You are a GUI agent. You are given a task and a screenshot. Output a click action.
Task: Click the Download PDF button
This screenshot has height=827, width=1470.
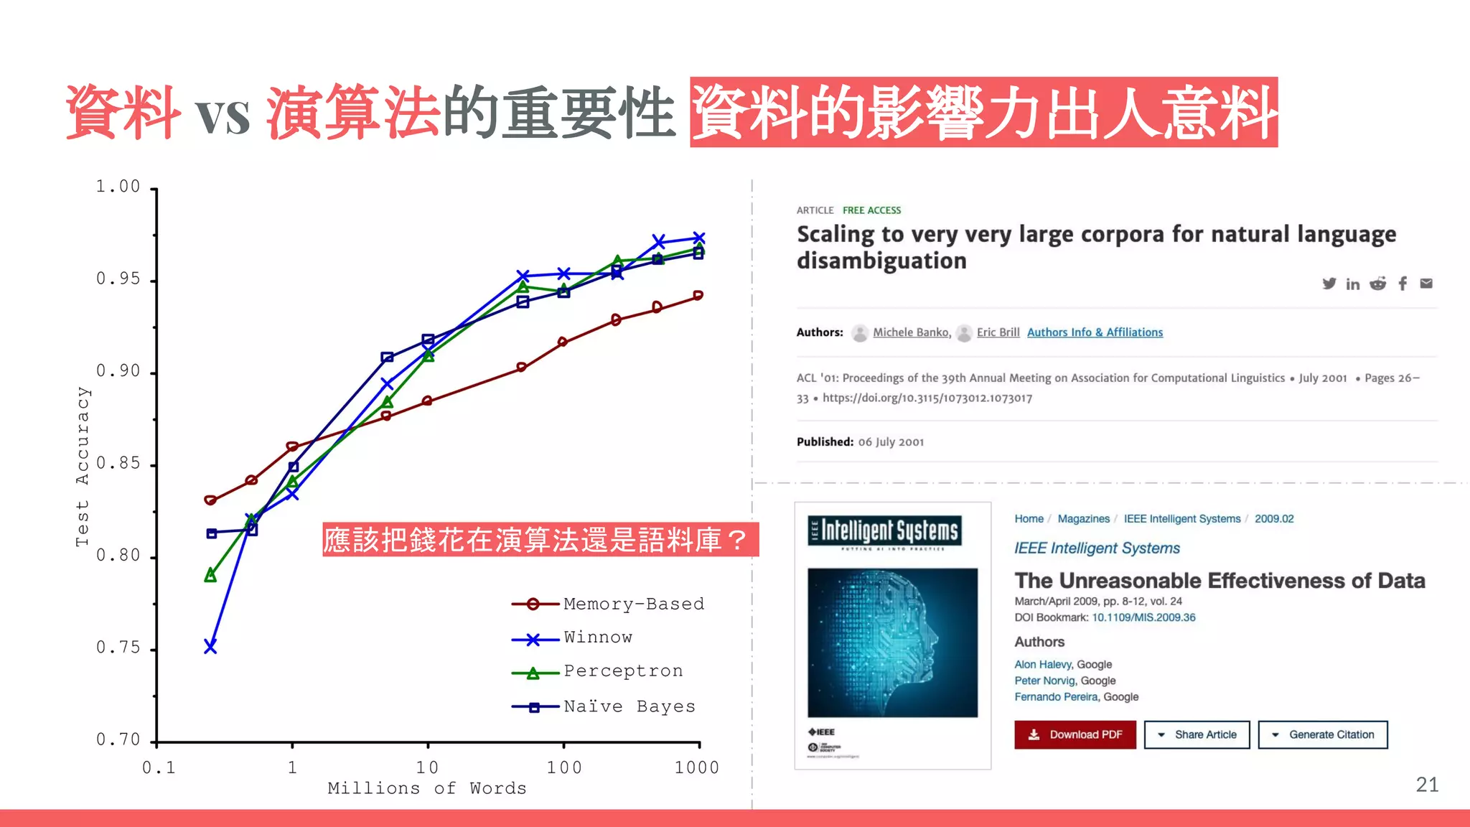point(1075,734)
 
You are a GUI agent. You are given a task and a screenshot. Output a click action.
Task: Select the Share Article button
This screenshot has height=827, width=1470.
point(1197,734)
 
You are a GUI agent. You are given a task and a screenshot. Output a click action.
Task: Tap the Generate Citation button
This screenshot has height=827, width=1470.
point(1323,734)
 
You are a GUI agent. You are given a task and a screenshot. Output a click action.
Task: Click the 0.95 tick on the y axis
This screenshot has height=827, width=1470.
point(118,279)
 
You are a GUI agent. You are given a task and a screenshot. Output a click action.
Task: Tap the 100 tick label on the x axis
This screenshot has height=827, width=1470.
point(564,767)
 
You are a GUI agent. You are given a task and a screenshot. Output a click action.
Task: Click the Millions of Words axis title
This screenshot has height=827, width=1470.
point(427,788)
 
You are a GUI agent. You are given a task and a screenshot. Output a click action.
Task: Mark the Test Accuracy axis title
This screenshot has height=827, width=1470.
point(83,467)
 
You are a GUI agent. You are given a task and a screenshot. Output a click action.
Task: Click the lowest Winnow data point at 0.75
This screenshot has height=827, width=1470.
point(210,647)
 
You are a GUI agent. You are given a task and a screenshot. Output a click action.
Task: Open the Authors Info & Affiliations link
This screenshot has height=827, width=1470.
point(1095,332)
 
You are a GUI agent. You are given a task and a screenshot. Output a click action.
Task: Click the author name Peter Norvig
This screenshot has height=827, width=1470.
point(1044,681)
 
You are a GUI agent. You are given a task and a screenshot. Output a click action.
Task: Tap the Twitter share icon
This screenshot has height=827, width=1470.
point(1329,284)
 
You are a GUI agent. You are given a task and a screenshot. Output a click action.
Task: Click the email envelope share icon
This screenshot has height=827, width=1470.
point(1426,284)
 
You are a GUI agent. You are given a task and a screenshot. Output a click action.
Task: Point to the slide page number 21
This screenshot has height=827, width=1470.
point(1427,785)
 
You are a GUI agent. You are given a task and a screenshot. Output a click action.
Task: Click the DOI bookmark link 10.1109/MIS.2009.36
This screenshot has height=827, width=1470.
point(1143,617)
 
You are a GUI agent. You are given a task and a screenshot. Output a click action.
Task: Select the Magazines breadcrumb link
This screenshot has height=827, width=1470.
point(1083,518)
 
